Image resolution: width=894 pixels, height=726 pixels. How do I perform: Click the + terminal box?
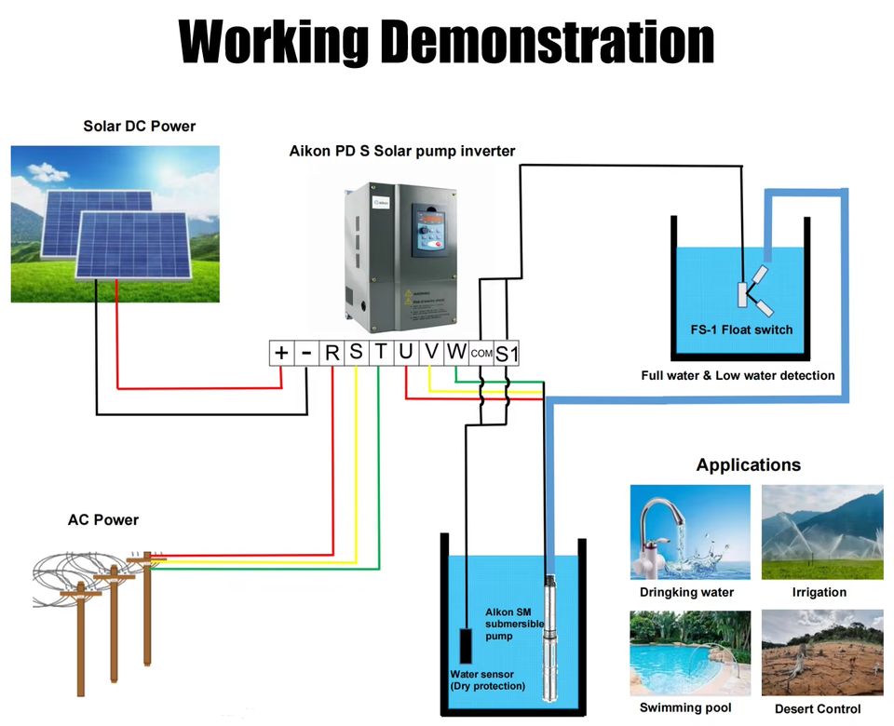click(281, 353)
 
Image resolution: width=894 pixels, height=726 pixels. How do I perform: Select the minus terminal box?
click(306, 353)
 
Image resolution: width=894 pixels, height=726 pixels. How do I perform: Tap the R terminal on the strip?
click(332, 353)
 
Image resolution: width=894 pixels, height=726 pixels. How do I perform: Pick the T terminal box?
click(381, 353)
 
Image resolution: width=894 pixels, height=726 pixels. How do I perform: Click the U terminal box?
click(406, 353)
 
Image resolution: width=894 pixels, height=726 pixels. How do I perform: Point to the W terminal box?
click(456, 353)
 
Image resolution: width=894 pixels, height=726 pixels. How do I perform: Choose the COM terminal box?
click(481, 354)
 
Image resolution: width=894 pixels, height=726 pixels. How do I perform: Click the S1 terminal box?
click(507, 354)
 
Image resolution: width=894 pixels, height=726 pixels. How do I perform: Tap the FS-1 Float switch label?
click(735, 329)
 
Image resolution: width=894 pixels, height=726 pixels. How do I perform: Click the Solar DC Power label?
click(140, 126)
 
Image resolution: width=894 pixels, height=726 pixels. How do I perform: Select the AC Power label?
click(102, 519)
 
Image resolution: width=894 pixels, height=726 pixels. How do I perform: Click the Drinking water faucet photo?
click(689, 531)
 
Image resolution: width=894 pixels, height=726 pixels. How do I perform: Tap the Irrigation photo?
click(822, 531)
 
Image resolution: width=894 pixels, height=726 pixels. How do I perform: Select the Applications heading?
click(748, 464)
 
